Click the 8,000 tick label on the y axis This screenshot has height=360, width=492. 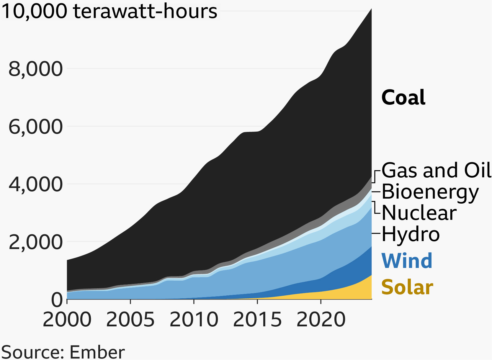tap(36, 69)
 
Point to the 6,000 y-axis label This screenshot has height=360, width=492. tap(36, 127)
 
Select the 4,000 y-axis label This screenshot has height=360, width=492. tap(36, 184)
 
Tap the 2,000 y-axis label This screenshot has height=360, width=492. tap(36, 242)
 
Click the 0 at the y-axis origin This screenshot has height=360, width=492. tap(57, 300)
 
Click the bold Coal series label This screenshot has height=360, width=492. tap(403, 98)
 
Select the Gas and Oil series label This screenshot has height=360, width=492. tap(436, 170)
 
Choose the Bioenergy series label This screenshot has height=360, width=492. tap(430, 192)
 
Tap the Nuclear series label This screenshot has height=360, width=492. tap(419, 213)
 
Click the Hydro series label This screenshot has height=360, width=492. tap(411, 235)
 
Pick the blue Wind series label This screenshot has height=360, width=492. tap(407, 261)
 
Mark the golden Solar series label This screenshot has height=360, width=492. tap(407, 287)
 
